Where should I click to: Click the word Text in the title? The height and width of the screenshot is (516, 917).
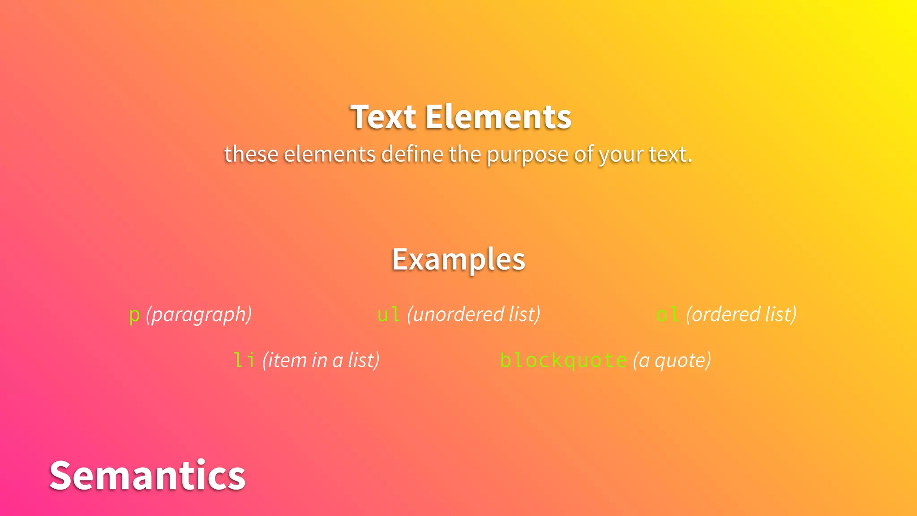tap(383, 117)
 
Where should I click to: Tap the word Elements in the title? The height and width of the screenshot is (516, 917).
tap(498, 117)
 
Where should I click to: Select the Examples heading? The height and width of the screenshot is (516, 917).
tap(458, 260)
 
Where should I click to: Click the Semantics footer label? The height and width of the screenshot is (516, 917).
tap(147, 476)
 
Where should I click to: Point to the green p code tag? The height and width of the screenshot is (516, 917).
tap(134, 315)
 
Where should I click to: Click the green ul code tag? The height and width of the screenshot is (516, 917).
tap(388, 314)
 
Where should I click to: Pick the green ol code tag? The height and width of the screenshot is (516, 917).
tap(667, 314)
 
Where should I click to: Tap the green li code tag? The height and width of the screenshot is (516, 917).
tap(244, 360)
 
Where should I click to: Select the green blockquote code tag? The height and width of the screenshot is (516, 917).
tap(563, 360)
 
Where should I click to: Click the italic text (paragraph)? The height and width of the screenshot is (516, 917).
tap(199, 314)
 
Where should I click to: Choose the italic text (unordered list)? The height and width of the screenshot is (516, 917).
tap(473, 314)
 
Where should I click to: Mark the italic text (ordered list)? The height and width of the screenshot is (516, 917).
tap(741, 314)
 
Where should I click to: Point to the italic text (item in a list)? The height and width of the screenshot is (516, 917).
tap(321, 360)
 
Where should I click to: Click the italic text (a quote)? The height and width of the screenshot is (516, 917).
tap(672, 360)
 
